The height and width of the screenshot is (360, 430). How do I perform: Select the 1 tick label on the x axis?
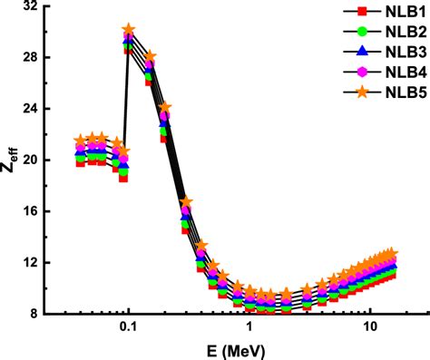(249, 326)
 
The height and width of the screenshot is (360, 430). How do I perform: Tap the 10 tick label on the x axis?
(369, 326)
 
